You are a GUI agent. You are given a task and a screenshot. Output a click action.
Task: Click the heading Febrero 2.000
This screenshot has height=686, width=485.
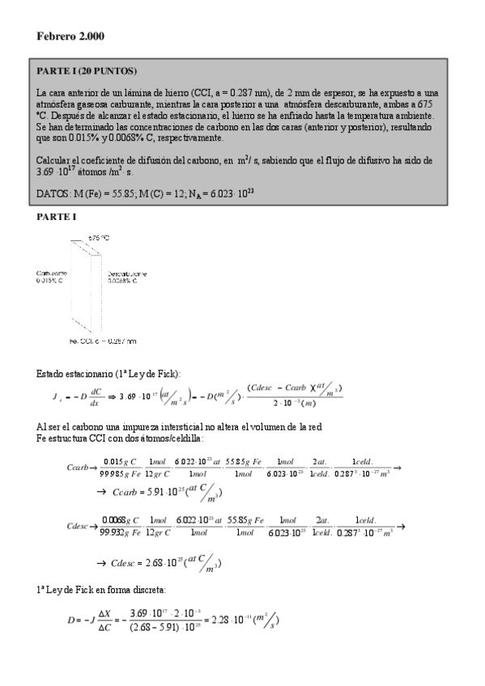point(70,37)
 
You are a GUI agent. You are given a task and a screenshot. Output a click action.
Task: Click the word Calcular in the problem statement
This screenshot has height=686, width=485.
point(56,160)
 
